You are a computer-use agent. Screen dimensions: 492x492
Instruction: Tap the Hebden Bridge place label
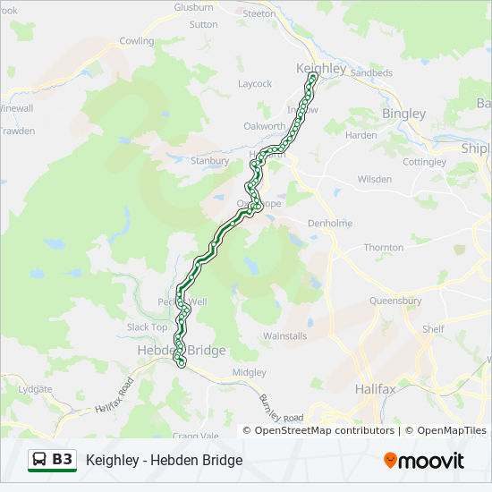[x=181, y=351]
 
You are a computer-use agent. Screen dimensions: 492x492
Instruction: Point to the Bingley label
[x=403, y=114]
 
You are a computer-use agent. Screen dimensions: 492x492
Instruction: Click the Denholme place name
[x=330, y=223]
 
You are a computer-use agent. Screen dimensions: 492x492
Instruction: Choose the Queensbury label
[x=394, y=301]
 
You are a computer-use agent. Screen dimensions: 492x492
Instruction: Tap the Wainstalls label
[x=284, y=336]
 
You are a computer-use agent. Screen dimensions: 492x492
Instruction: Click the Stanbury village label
[x=210, y=161]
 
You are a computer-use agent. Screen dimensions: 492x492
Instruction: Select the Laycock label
[x=255, y=84]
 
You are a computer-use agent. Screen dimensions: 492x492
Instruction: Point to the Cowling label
[x=137, y=41]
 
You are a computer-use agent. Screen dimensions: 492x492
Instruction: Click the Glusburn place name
[x=193, y=7]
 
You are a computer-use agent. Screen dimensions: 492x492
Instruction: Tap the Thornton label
[x=383, y=248]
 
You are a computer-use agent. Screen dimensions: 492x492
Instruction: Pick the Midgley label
[x=249, y=372]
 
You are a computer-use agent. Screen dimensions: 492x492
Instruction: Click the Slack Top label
[x=147, y=327]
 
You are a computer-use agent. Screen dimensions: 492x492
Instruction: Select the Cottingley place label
[x=424, y=162]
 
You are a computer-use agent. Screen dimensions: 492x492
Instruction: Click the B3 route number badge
[x=63, y=460]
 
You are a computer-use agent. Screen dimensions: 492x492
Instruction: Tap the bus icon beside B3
[x=40, y=460]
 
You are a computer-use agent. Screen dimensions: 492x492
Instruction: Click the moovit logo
[x=424, y=461]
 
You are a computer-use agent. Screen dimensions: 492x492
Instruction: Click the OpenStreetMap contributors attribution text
[x=325, y=430]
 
